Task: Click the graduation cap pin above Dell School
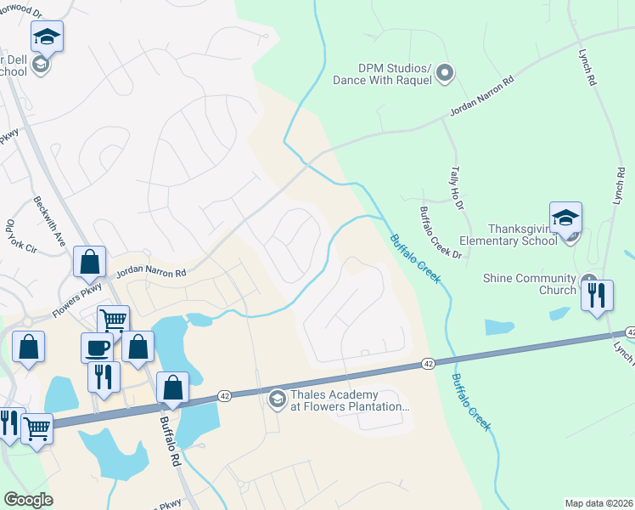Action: coord(48,37)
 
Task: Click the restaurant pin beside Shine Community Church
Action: coord(598,295)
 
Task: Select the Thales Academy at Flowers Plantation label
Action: coord(350,399)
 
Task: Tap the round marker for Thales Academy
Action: coord(276,399)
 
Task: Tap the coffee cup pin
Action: coord(96,348)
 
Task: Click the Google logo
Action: coord(28,500)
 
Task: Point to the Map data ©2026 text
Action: coord(598,503)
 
